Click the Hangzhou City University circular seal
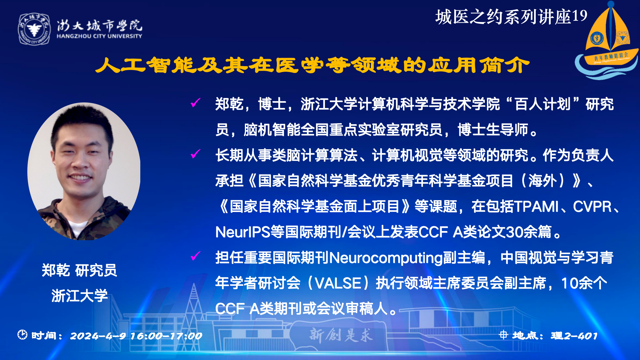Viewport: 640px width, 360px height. click(x=34, y=29)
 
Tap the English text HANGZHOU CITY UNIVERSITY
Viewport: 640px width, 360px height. click(x=99, y=36)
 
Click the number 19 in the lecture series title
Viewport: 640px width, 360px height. click(x=579, y=16)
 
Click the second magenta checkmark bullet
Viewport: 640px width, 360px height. click(x=196, y=153)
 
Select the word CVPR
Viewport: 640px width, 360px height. click(x=592, y=206)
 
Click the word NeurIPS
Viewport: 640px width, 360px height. click(x=243, y=232)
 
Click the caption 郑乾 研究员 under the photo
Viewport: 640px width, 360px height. click(x=79, y=270)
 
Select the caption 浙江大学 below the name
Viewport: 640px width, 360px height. click(x=80, y=295)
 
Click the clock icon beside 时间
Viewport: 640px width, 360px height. click(x=22, y=335)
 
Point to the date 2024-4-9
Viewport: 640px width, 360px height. click(x=98, y=336)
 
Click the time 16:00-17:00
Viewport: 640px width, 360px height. click(x=166, y=336)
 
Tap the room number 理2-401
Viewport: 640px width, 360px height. click(x=574, y=335)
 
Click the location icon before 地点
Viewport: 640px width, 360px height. click(x=503, y=335)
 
